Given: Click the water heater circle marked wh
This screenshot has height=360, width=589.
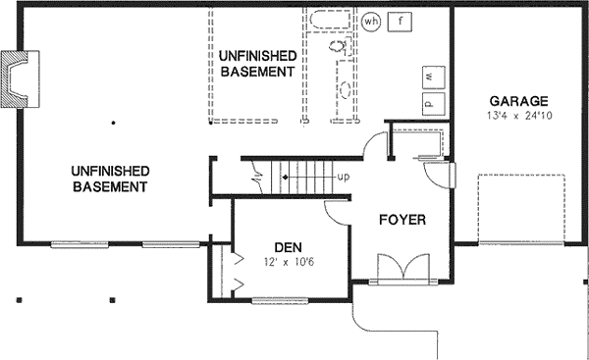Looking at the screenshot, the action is point(371,22).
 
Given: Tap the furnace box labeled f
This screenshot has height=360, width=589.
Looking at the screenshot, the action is point(400,22).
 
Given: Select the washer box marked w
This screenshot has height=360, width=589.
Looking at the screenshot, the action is point(434,77).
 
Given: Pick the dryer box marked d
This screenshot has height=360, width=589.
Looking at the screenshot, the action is point(434,104).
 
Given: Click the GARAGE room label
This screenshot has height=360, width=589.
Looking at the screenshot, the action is point(518,101).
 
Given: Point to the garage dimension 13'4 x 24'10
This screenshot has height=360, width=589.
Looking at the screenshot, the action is point(519,115).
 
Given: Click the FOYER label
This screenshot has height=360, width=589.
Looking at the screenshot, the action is point(402,220).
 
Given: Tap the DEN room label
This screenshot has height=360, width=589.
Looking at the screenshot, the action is point(288,247).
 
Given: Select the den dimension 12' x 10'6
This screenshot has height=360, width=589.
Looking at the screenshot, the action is point(289,262).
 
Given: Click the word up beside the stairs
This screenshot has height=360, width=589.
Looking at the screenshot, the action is point(344,177).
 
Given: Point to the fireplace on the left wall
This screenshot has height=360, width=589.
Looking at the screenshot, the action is point(20,78).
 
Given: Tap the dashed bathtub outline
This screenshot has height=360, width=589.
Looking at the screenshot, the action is point(331,20).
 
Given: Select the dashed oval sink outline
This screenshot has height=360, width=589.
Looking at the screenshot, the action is point(345,89).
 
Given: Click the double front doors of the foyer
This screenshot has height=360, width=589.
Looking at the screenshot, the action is point(403,267).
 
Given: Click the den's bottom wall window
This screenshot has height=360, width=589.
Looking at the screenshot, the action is point(280,300).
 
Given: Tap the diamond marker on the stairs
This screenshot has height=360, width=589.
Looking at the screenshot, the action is point(286,178).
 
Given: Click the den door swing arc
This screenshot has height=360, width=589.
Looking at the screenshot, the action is point(334,217).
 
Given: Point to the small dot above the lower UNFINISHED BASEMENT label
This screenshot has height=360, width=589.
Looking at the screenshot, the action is point(113,123).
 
